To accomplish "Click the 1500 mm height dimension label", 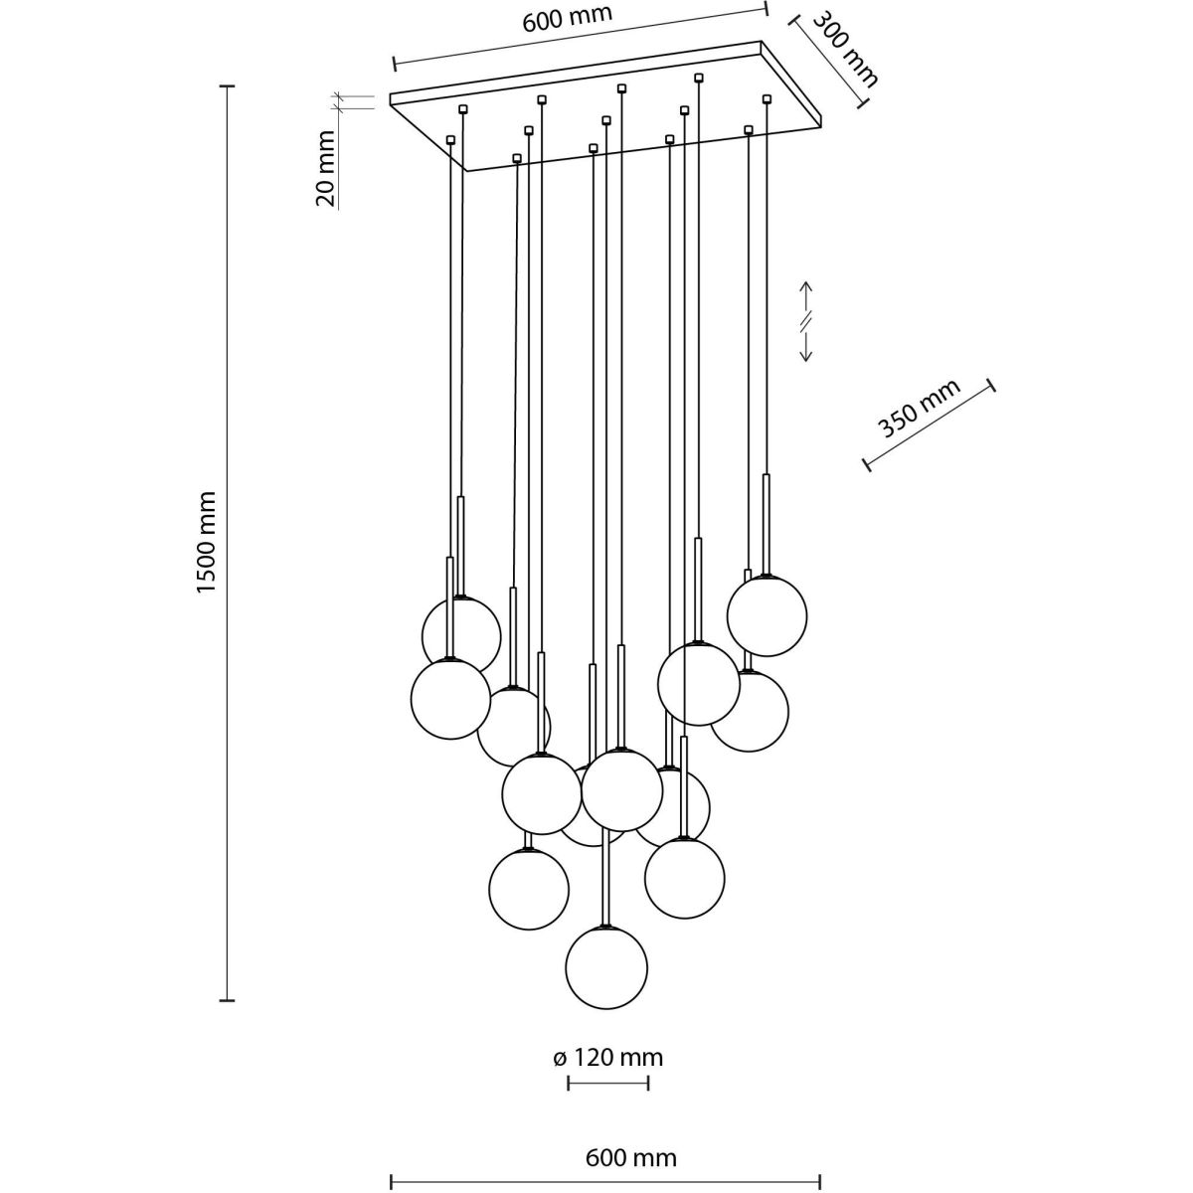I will point(206,542).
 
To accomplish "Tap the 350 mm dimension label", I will point(919,410).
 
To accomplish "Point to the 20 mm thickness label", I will point(325,167).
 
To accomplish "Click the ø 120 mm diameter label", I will point(607,1058).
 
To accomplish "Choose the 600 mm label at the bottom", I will point(630,1158).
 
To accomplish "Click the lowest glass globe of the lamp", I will point(606,966).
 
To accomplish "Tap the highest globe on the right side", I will point(767,615).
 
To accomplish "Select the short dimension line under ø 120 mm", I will point(607,1083).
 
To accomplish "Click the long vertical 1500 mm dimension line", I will point(228,542).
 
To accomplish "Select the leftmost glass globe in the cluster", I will point(450,700).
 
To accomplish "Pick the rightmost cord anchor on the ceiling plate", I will point(767,97).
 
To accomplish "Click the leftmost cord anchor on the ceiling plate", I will point(451,139).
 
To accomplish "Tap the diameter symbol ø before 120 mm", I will point(560,1058).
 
